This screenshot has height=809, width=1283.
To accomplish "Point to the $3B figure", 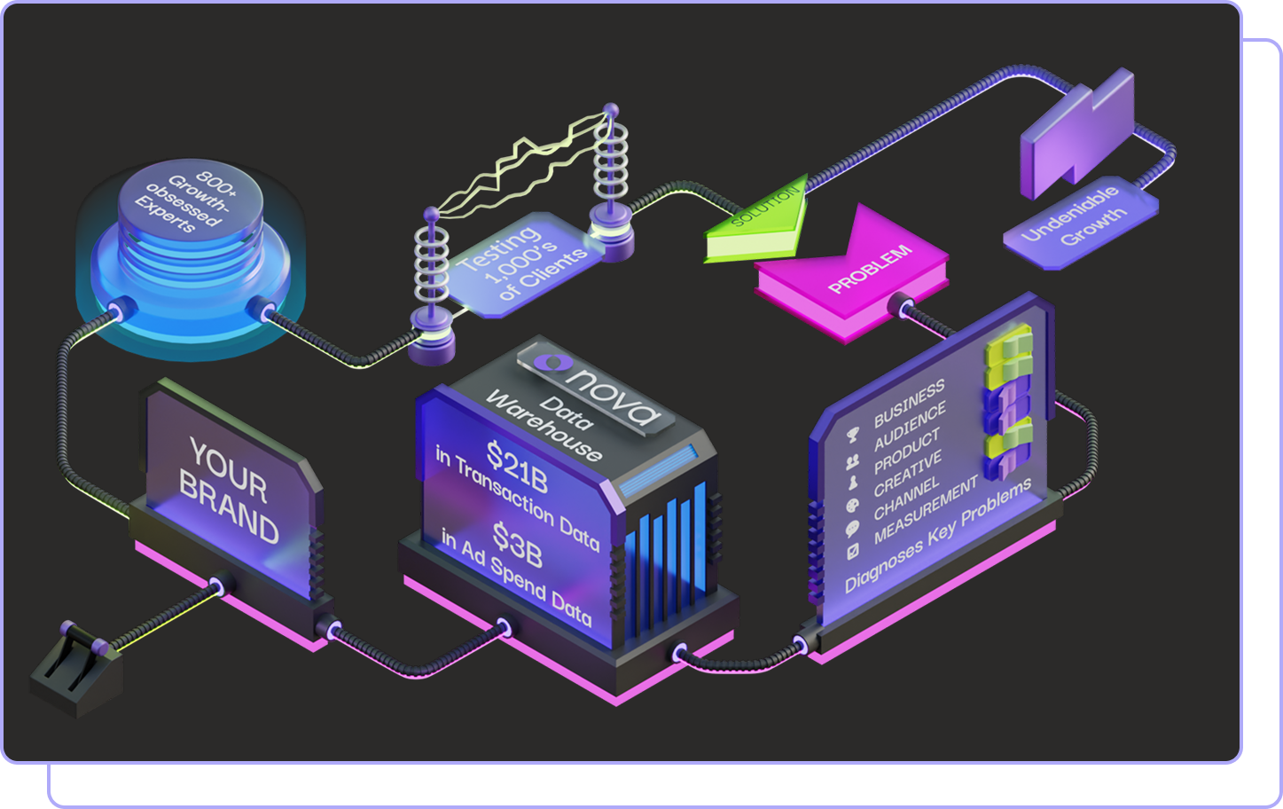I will (x=517, y=545).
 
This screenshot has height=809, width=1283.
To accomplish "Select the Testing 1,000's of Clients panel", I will (x=520, y=262).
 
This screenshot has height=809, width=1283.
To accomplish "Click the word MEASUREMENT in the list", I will (x=925, y=508).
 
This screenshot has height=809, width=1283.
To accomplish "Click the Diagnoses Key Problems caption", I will (x=937, y=535).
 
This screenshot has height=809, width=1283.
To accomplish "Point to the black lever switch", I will (x=74, y=668).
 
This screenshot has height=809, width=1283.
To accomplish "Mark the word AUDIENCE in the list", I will (x=910, y=428).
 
